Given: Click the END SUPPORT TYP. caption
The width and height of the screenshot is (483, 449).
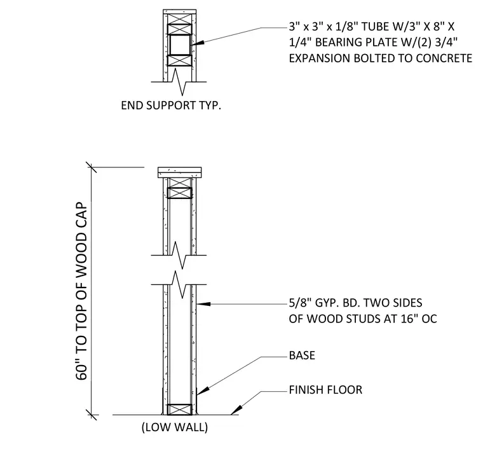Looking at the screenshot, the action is click(171, 106).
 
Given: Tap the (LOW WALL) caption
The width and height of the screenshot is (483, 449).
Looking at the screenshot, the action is click(175, 427).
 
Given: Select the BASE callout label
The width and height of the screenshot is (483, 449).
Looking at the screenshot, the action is click(302, 356).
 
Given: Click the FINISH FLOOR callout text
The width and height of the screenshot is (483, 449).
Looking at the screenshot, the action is click(325, 390).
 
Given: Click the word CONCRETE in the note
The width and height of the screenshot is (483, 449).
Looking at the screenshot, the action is click(443, 59).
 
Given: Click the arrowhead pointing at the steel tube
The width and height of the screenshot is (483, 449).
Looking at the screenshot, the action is click(198, 43).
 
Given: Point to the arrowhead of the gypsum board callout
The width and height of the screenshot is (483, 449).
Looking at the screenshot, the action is click(203, 304).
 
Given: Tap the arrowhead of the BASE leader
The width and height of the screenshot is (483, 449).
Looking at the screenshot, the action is click(203, 391).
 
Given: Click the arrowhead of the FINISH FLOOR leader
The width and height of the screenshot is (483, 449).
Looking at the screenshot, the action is click(236, 410).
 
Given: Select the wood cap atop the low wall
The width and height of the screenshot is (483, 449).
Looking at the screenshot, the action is click(180, 172).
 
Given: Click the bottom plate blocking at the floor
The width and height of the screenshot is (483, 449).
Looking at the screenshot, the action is click(180, 410).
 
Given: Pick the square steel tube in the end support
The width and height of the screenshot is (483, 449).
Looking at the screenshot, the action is click(180, 45).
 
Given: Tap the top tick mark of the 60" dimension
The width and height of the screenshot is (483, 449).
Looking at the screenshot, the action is click(91, 167).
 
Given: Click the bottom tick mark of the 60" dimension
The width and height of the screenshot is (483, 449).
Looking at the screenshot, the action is click(91, 415).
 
